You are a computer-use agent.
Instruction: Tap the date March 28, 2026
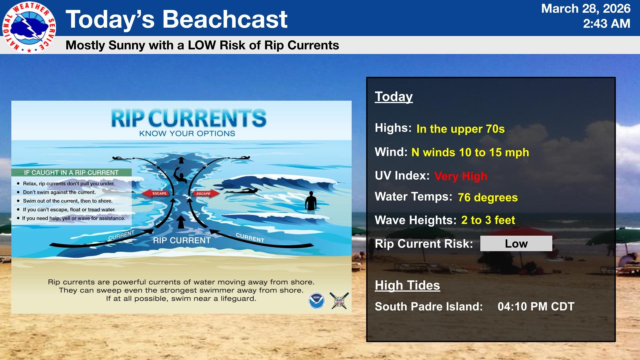[x=585, y=9]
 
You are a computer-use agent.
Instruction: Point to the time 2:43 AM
[x=606, y=24]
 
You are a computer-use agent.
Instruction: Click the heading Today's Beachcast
[x=176, y=19]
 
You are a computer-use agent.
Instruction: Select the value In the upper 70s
[x=460, y=129]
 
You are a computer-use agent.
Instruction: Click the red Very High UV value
[x=461, y=176]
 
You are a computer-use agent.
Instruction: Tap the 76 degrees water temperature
[x=488, y=197]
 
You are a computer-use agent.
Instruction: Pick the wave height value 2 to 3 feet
[x=488, y=220]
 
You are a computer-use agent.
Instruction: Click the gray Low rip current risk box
[x=516, y=244]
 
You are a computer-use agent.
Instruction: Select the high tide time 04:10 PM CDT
[x=536, y=307]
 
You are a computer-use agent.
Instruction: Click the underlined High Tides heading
[x=407, y=285]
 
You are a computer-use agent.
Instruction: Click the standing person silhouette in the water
[x=311, y=201]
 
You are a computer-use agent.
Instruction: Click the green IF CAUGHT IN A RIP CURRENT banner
[x=71, y=173]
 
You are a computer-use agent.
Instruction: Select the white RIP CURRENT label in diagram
[x=182, y=240]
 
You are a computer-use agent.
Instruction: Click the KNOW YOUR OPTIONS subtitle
[x=187, y=134]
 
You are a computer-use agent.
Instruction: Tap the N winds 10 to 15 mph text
[x=470, y=152]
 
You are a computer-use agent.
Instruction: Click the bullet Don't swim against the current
[x=59, y=192]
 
